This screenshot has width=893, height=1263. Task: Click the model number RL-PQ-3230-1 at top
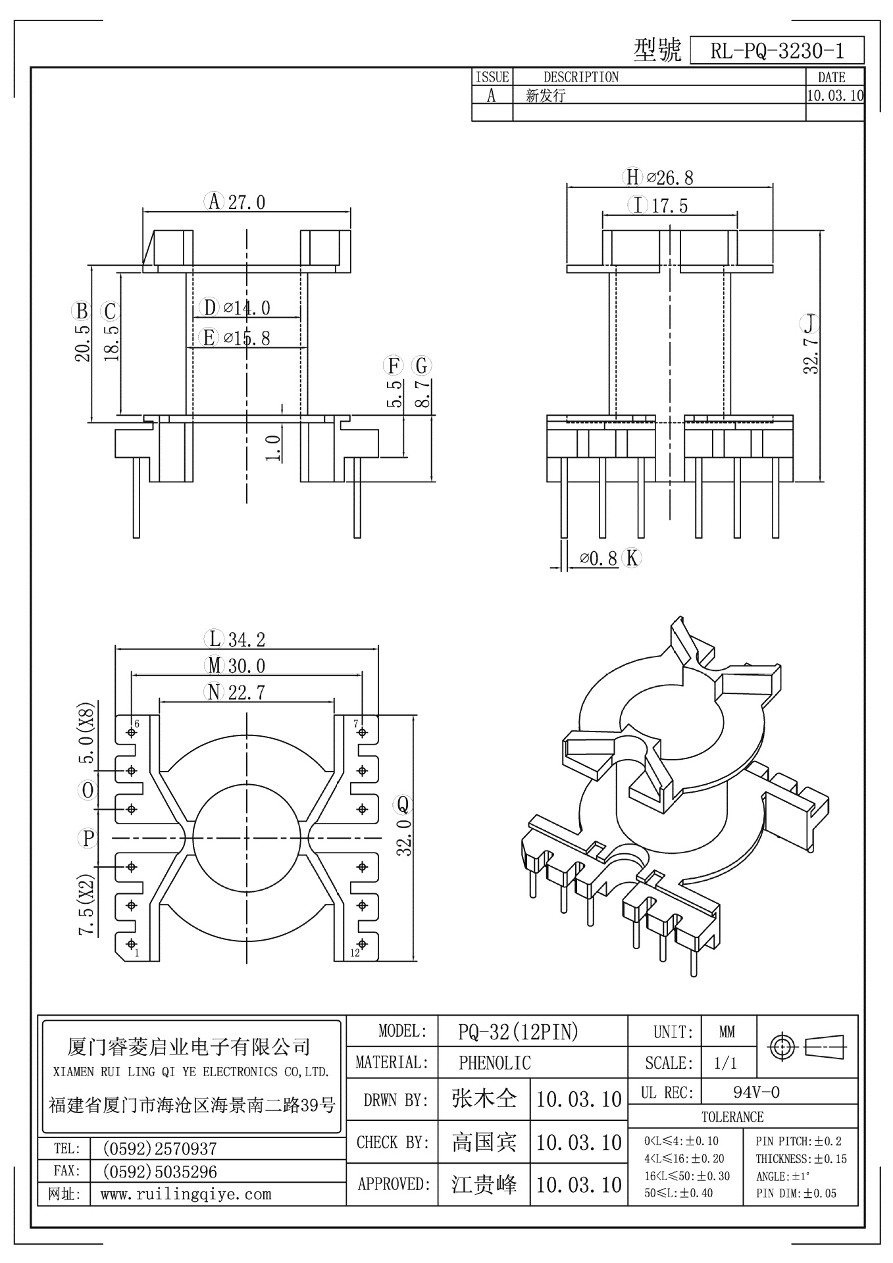pos(777,51)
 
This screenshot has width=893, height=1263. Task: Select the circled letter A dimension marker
pos(214,201)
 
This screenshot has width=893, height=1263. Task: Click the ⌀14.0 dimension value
pos(247,307)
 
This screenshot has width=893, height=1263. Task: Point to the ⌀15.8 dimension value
pos(247,338)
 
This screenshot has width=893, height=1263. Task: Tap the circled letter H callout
pos(632,177)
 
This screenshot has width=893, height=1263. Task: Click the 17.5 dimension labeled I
pos(669,206)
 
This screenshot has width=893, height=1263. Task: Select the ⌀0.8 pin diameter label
pos(598,558)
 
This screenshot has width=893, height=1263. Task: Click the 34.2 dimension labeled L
pos(247,639)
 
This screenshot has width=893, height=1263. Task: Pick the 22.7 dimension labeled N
pos(247,692)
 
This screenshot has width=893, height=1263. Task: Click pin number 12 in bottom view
pos(355,953)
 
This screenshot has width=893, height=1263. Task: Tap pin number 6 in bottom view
pos(137,724)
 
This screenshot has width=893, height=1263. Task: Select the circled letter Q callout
pos(402,804)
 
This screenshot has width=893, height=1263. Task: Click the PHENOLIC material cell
pos(495,1062)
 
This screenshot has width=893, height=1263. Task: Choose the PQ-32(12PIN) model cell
pos(518,1032)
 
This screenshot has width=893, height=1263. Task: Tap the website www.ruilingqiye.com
pos(186,1194)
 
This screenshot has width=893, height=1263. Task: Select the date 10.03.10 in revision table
pos(834,95)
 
